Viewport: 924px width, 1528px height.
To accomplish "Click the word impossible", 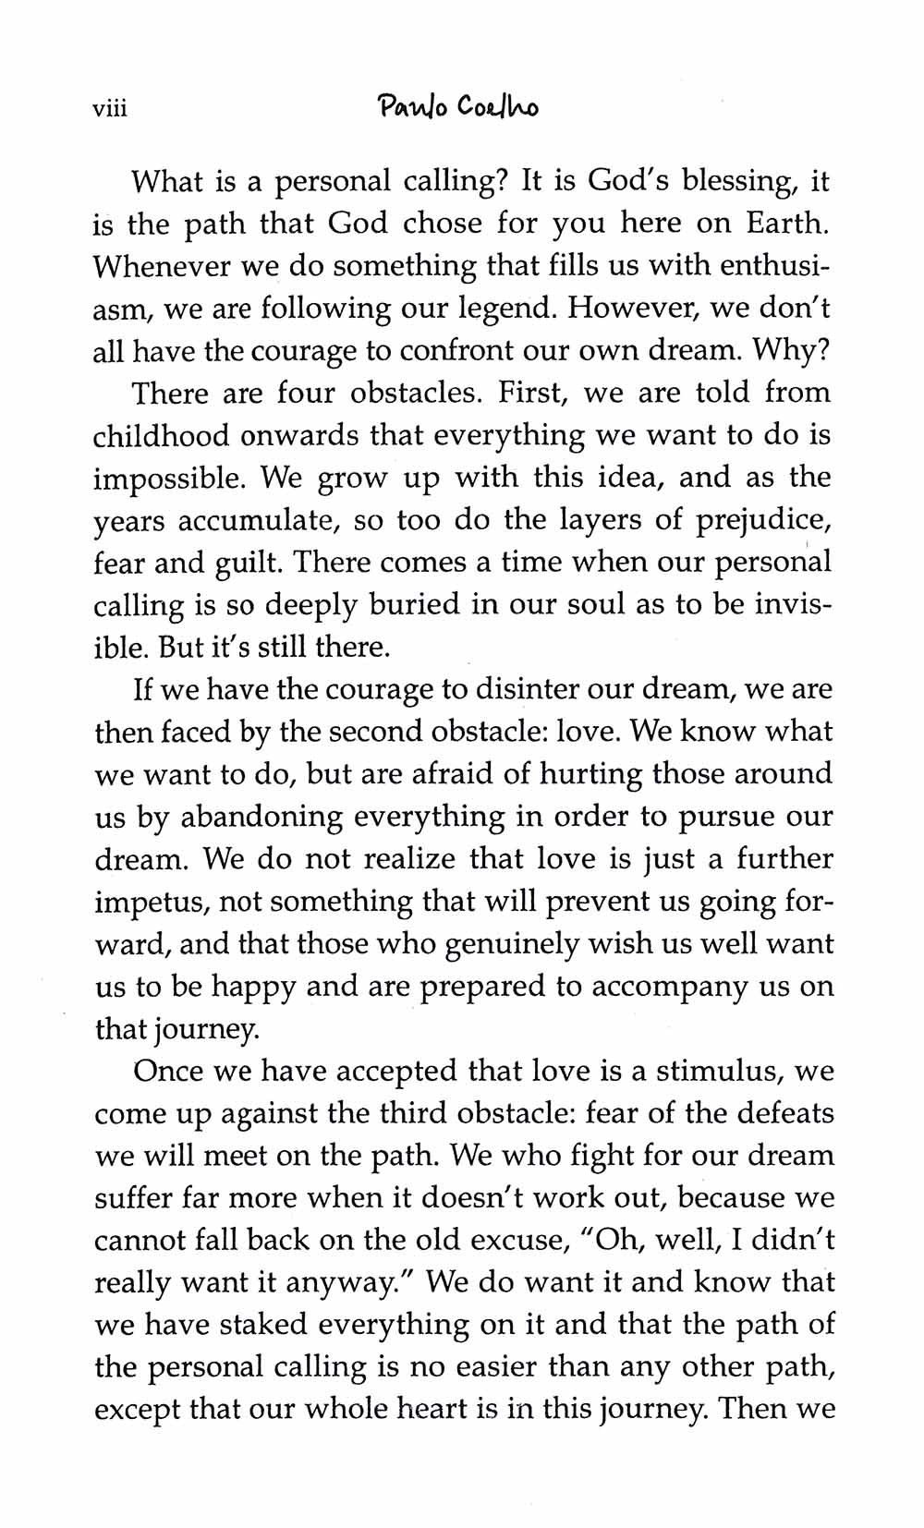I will point(170,479).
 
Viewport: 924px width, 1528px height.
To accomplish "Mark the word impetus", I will point(150,903).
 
